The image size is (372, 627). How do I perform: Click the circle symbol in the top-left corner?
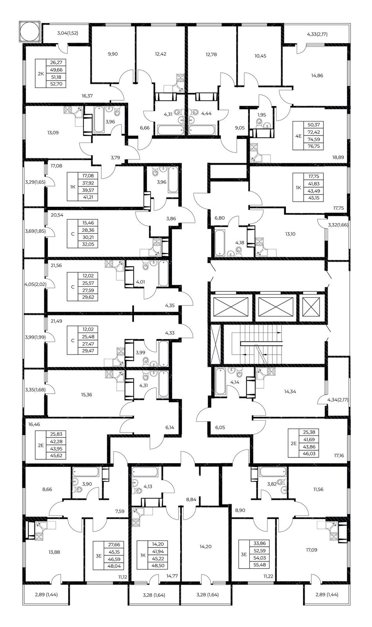[30, 31]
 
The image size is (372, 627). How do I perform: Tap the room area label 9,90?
[113, 54]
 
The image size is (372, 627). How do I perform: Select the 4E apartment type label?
[298, 136]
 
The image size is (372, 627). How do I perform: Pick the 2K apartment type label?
[41, 74]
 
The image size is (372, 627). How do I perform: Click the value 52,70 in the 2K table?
[56, 84]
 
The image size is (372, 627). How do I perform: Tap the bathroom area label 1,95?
[262, 115]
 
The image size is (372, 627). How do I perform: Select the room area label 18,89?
[338, 157]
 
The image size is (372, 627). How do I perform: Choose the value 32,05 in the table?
[88, 244]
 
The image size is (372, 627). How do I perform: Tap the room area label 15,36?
[87, 394]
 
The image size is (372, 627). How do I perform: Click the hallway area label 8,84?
[191, 499]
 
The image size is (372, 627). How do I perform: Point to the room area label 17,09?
[312, 550]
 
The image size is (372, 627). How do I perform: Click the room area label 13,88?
[54, 552]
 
